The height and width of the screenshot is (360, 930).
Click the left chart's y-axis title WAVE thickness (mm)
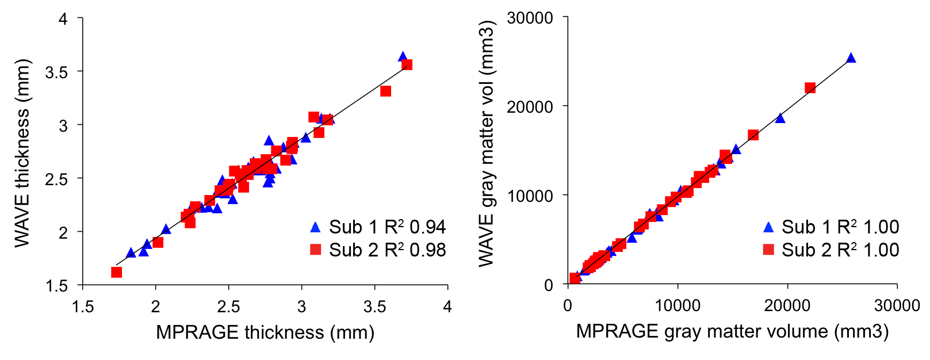22,154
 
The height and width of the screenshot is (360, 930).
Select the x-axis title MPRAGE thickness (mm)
265,332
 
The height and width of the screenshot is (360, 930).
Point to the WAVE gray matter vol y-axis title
487,144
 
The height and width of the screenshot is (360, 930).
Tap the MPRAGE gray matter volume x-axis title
732,331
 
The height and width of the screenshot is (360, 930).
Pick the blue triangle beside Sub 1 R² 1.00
768,227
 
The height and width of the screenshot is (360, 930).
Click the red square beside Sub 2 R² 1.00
768,250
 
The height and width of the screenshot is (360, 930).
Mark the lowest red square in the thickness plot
116,272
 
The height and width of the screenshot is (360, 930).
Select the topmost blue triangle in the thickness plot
403,57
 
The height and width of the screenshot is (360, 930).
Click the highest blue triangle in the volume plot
851,58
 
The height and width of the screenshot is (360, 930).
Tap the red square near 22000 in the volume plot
810,88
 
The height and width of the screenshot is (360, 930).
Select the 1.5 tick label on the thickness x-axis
83,307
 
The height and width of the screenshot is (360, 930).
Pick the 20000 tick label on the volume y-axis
530,106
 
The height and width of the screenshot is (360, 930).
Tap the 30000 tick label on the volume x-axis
897,305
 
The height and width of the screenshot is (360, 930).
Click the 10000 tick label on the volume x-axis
678,305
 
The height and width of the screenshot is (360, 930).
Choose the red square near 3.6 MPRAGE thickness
385,91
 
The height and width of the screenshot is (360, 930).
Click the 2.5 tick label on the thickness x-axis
228,307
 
